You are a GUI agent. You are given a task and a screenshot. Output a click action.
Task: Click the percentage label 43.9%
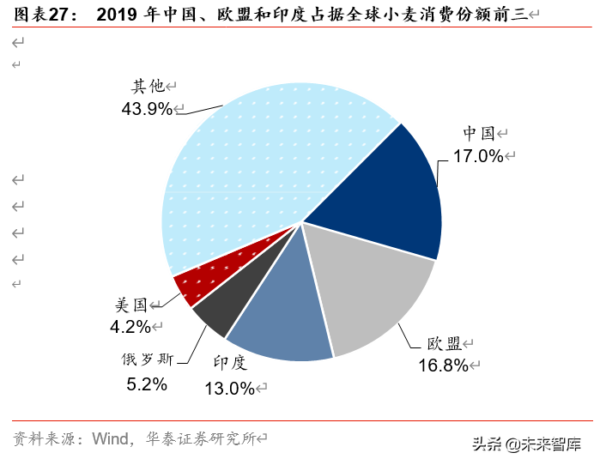[147, 109]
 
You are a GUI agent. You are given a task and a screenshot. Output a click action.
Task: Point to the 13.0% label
[230, 389]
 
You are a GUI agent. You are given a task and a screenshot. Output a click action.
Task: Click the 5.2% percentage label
[146, 385]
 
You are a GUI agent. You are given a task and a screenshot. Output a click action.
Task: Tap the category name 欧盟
[445, 343]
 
